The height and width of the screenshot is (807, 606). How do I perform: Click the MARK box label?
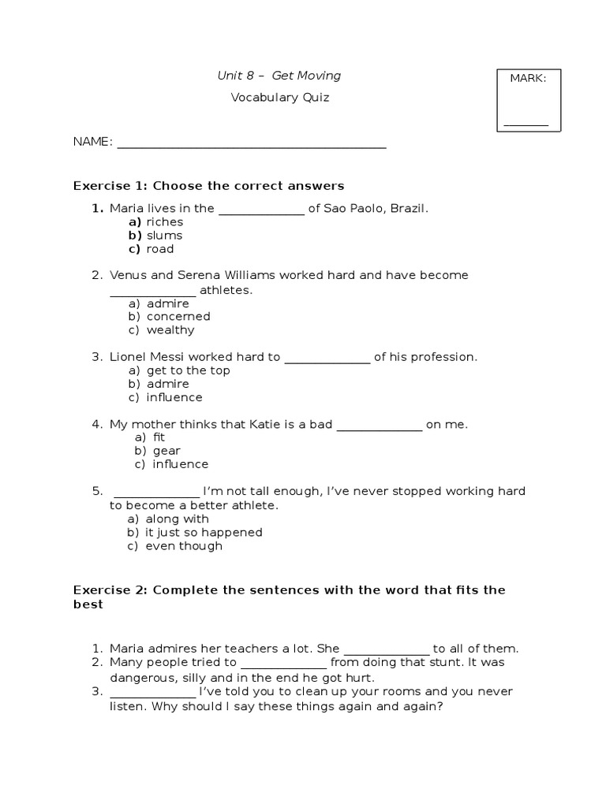coord(528,78)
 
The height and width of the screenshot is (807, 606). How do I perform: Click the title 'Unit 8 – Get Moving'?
coord(279,76)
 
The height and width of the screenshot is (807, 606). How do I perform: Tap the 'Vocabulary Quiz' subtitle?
coord(279,98)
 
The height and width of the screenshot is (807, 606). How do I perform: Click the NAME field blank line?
coord(251,146)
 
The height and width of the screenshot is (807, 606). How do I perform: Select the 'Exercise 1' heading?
coord(208,186)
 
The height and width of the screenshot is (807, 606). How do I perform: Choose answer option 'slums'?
coord(164,235)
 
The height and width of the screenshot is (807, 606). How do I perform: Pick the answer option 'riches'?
coord(164,222)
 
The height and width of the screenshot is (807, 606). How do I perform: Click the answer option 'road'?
coord(159,249)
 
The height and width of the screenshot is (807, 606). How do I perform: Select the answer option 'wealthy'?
coord(170,330)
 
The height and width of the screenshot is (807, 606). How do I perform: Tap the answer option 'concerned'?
coord(178,317)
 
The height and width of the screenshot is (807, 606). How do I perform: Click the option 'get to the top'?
coord(188,370)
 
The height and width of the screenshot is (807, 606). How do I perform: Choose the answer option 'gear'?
coord(166,451)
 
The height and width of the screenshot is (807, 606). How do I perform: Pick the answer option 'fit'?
coord(159,437)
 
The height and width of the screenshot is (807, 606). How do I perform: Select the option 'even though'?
coord(184,546)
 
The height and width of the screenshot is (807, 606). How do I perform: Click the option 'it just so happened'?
coord(204,533)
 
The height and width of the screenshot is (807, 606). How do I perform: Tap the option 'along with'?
coord(177,519)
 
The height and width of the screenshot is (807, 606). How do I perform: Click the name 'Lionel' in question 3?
coord(126,357)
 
